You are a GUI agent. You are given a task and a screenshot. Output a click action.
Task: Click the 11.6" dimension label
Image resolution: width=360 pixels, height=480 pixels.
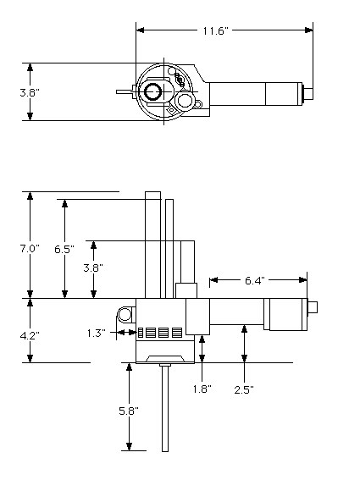click(x=216, y=31)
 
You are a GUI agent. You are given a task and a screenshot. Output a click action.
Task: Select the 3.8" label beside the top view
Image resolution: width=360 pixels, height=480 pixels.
click(x=30, y=92)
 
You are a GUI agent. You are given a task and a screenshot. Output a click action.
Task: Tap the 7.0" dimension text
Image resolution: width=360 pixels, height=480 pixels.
click(x=30, y=249)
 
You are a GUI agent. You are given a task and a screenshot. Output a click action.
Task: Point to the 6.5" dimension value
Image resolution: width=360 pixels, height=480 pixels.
click(x=64, y=249)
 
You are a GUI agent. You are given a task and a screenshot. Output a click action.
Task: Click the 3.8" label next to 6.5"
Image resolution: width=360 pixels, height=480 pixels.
click(x=93, y=268)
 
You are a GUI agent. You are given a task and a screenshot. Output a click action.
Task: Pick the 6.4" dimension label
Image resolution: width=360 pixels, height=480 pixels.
click(x=255, y=280)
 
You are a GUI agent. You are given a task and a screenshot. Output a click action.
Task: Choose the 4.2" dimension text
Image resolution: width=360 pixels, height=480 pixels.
click(x=30, y=336)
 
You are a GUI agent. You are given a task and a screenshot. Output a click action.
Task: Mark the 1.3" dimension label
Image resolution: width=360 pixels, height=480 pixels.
click(x=97, y=333)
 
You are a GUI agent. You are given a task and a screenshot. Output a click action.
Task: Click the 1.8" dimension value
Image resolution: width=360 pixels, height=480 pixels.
click(x=202, y=389)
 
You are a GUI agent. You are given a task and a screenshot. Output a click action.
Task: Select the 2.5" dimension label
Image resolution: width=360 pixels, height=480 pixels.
click(x=244, y=390)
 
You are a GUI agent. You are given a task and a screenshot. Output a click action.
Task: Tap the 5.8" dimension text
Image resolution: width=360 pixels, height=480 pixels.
click(x=129, y=411)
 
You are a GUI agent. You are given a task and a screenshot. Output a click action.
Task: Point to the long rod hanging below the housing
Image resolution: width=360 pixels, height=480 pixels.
click(x=165, y=408)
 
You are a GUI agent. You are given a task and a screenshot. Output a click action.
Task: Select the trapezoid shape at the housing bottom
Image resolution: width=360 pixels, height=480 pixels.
click(x=165, y=359)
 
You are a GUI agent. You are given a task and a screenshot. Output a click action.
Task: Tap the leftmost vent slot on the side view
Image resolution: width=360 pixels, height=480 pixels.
click(x=141, y=333)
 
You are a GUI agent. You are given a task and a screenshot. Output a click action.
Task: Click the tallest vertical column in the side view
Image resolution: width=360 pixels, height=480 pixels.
click(x=152, y=245)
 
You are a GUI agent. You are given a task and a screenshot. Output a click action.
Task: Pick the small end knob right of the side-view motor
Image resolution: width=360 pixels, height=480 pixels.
click(x=313, y=307)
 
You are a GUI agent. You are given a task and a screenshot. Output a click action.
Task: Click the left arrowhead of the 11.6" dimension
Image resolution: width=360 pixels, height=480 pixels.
click(x=140, y=30)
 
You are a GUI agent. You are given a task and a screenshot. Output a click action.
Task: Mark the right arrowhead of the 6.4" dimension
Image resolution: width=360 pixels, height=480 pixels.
click(x=302, y=280)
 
